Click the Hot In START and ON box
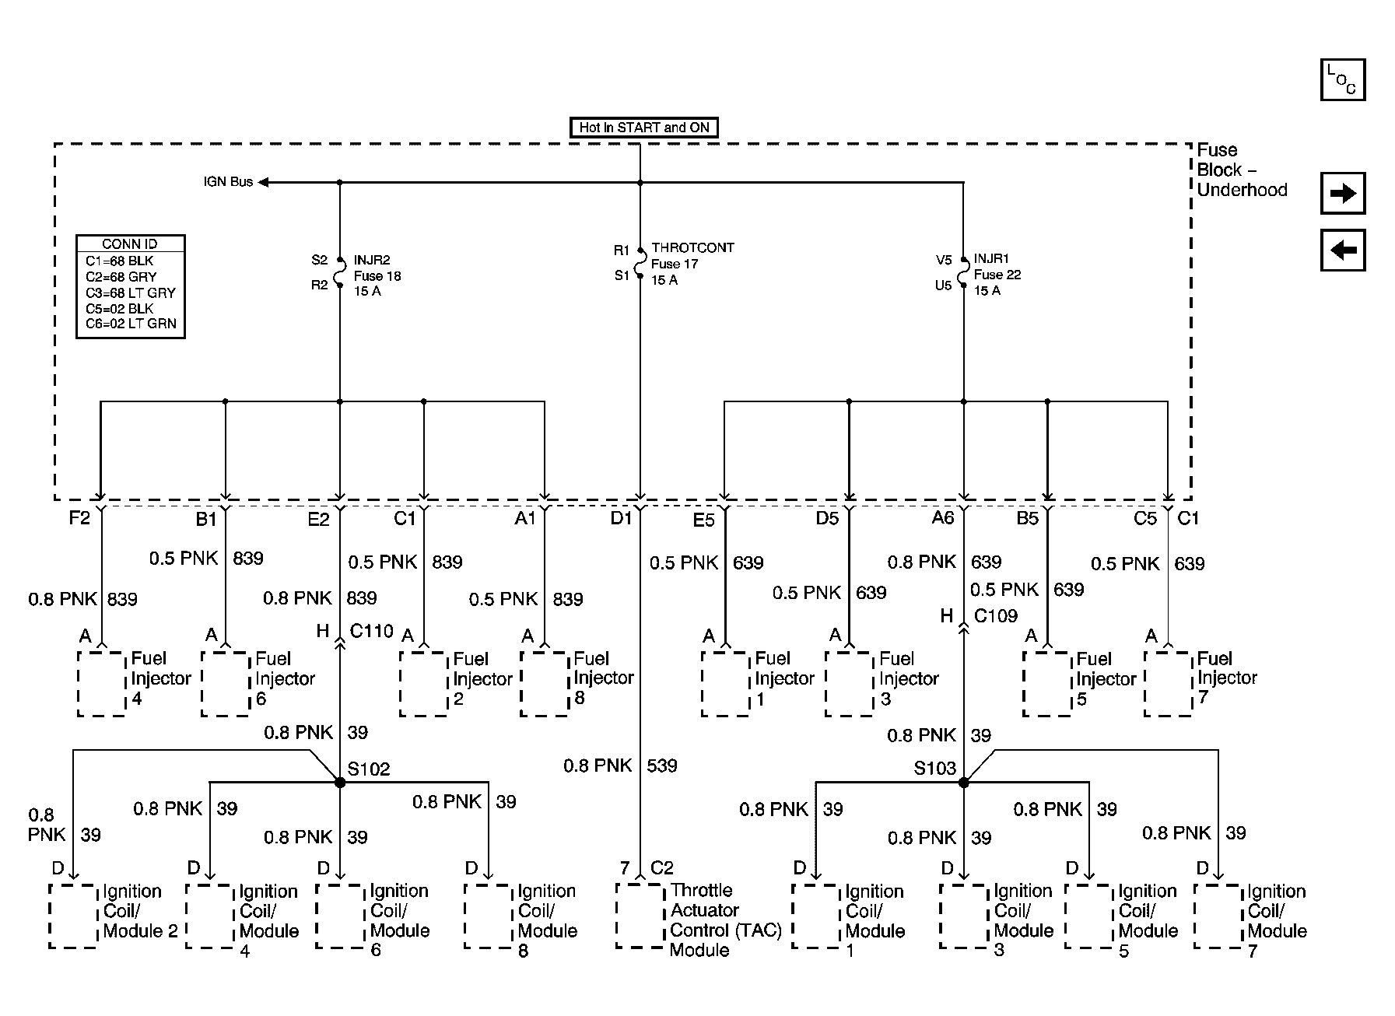(x=643, y=128)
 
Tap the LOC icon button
(x=1342, y=80)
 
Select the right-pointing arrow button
(x=1342, y=193)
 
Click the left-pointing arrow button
(x=1342, y=250)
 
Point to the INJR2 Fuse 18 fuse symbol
(x=340, y=272)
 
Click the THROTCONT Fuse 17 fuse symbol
(x=640, y=263)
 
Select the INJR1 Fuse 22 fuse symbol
(x=963, y=272)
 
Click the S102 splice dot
(x=340, y=782)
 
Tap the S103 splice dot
(x=963, y=782)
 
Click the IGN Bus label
(x=228, y=182)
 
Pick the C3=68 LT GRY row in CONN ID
(x=131, y=293)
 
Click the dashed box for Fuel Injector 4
(x=102, y=683)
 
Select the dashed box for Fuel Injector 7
(x=1168, y=683)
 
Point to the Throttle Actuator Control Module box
(x=640, y=915)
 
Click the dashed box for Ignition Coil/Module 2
(x=73, y=915)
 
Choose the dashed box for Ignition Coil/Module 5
(x=1088, y=915)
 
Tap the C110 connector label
(x=371, y=631)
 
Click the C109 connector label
(x=995, y=616)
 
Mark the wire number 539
(x=661, y=766)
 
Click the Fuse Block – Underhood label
(x=1241, y=170)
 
